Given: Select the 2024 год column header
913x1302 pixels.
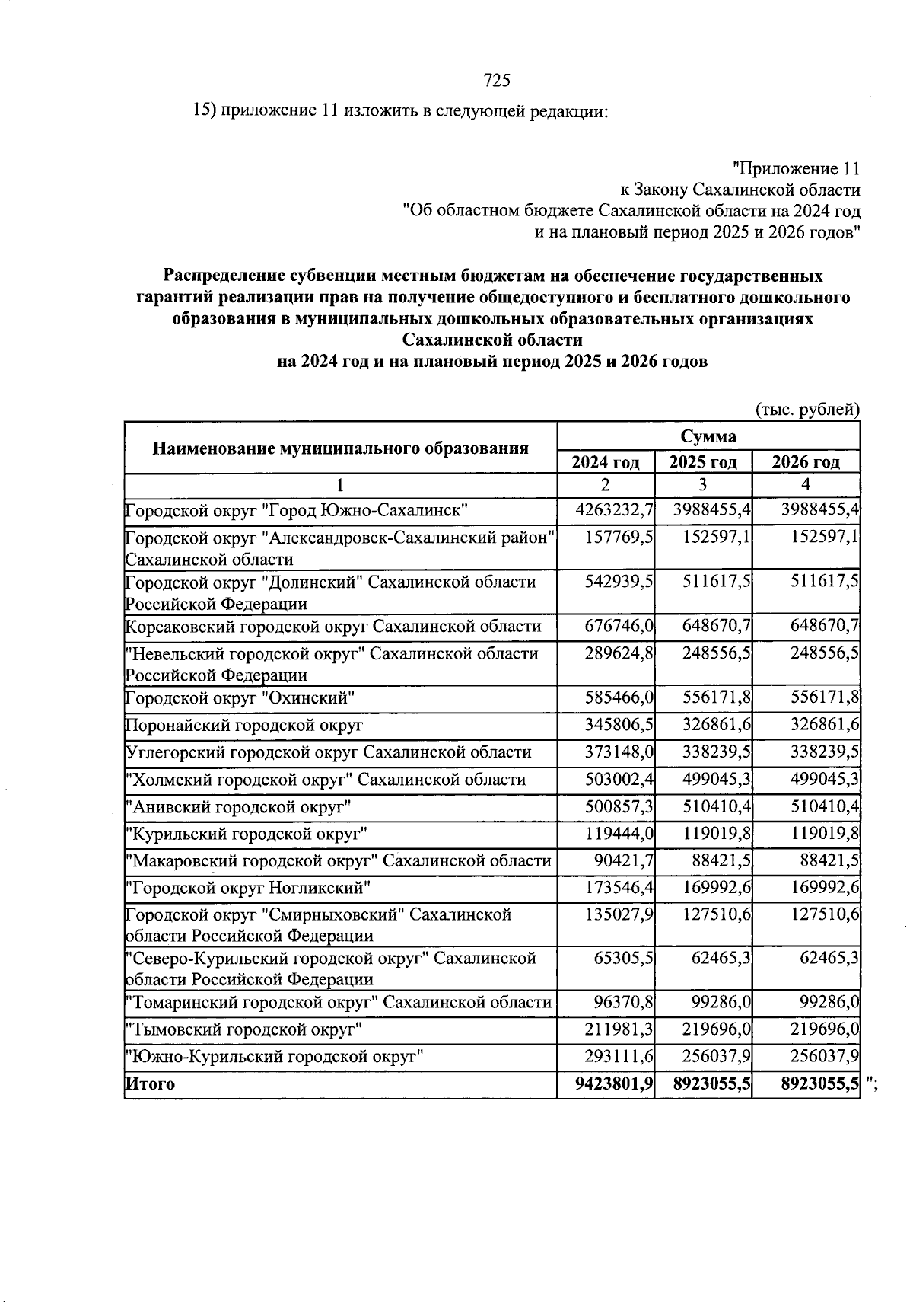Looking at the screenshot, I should pos(606,462).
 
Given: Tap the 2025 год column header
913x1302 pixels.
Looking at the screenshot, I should pos(703,462).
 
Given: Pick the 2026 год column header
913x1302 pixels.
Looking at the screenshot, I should pos(806,462).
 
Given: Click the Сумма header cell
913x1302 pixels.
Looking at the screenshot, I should pos(708,436).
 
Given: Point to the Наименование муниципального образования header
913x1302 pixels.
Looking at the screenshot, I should pos(341,448).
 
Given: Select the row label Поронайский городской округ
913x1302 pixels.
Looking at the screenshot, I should pos(244,726).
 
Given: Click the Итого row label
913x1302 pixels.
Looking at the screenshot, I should pos(150,1084).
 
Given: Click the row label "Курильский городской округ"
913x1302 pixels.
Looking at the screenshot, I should pos(247,834).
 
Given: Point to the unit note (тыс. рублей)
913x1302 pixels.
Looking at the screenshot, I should pos(807,410).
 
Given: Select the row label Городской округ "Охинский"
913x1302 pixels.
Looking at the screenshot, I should pos(240,698).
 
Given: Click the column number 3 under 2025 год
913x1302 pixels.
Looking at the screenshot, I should pos(703,485).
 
